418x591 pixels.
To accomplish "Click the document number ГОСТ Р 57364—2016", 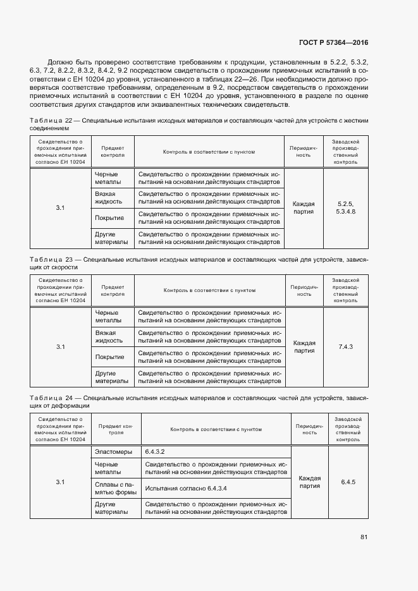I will tap(333, 42).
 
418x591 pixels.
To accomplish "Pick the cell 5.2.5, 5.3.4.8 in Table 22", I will tap(345, 208).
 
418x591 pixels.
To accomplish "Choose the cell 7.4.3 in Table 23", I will tap(345, 347).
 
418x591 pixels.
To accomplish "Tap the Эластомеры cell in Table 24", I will tap(113, 452).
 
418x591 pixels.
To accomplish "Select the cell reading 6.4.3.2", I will tap(155, 452).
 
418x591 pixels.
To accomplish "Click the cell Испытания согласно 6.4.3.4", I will tap(186, 489).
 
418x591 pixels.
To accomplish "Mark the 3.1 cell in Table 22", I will tap(60, 208).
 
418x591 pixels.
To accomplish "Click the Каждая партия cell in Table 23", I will tap(304, 347).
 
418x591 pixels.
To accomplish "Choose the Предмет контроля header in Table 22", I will tap(113, 151).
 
